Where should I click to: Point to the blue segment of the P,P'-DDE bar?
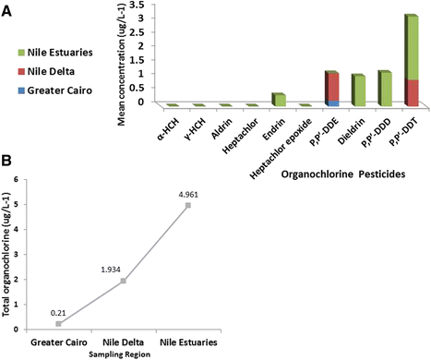[x=331, y=102]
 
